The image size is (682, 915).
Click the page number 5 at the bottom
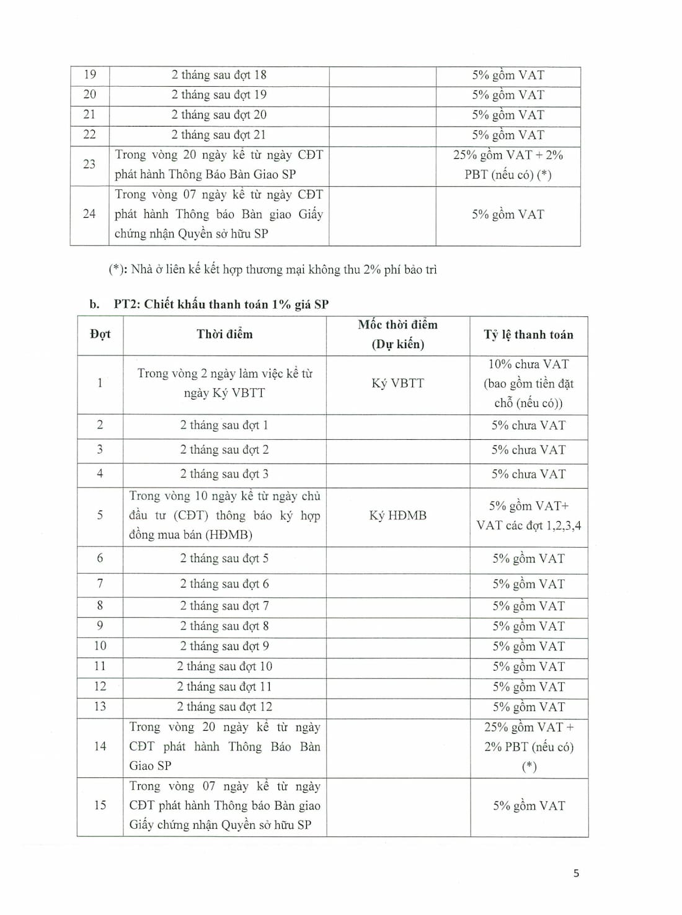576,873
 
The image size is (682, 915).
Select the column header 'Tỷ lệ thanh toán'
528,335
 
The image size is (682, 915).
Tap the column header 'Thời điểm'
224,334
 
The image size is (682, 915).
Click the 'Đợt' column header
100,334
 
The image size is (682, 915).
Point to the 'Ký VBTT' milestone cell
397,383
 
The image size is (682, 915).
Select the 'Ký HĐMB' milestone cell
397,516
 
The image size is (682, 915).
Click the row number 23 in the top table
89,164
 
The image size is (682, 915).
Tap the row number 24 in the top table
89,214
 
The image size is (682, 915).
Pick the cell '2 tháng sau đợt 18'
219,75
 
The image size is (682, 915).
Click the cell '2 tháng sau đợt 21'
219,135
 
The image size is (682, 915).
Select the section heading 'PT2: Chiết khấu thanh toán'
221,304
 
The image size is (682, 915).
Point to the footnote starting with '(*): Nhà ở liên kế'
273,269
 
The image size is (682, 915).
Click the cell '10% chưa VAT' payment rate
528,383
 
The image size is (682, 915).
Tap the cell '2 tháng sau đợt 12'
224,707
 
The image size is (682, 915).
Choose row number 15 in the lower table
100,805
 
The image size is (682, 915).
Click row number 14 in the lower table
100,746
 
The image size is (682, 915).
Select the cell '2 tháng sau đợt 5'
224,558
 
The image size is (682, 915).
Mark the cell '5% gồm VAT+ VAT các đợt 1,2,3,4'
528,516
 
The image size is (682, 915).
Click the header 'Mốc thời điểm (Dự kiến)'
397,334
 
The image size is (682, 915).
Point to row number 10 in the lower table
100,646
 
